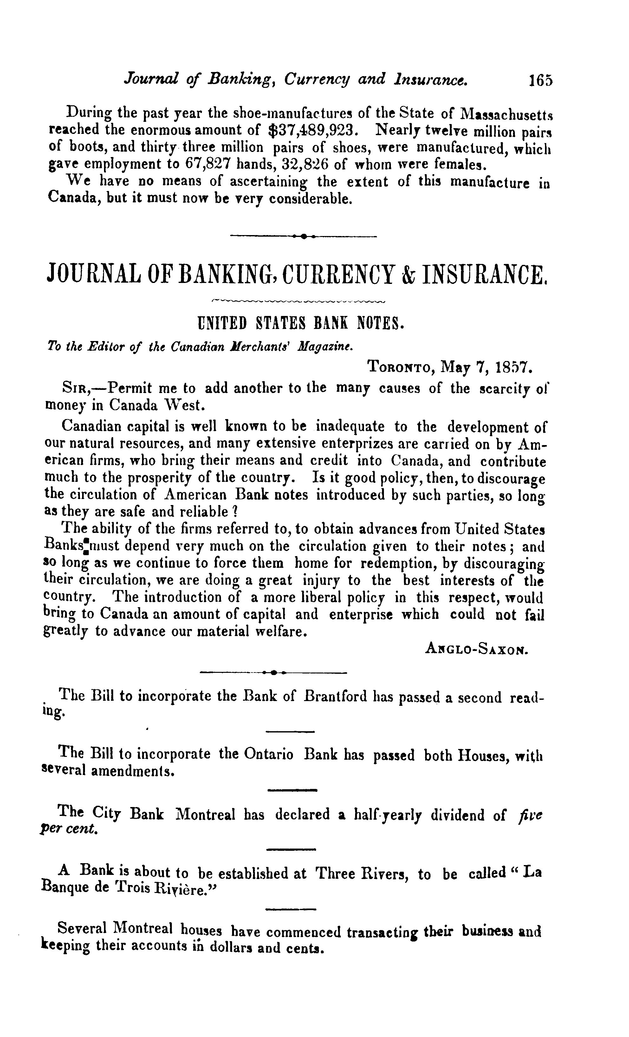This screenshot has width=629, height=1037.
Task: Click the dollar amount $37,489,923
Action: point(313,130)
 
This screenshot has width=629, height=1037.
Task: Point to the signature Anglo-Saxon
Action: point(476,649)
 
